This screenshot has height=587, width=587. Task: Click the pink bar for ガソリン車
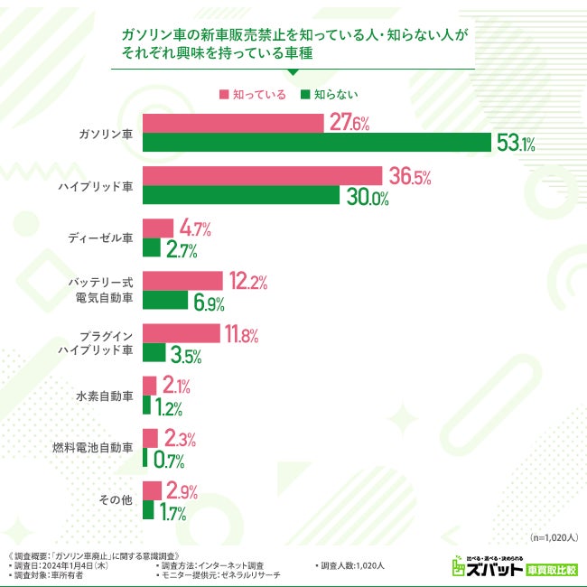pos(233,124)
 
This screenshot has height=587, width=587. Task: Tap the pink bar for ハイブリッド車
pos(262,176)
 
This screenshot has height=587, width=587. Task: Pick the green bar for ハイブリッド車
pos(241,196)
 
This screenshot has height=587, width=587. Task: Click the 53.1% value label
pos(516,144)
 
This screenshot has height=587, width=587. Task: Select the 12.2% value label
pos(247,282)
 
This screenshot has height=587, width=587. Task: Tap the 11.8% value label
pos(242,335)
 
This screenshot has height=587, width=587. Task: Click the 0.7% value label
pos(167,460)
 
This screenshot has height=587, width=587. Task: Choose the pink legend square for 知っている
pos(224,94)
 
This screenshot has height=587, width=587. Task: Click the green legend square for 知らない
pos(306,94)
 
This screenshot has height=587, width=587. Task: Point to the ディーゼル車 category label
pos(101,238)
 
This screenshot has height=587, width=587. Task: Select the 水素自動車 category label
pos(106,396)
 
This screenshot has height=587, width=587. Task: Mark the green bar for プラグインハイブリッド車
pos(154,353)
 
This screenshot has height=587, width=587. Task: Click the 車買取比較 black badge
pos(552,570)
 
